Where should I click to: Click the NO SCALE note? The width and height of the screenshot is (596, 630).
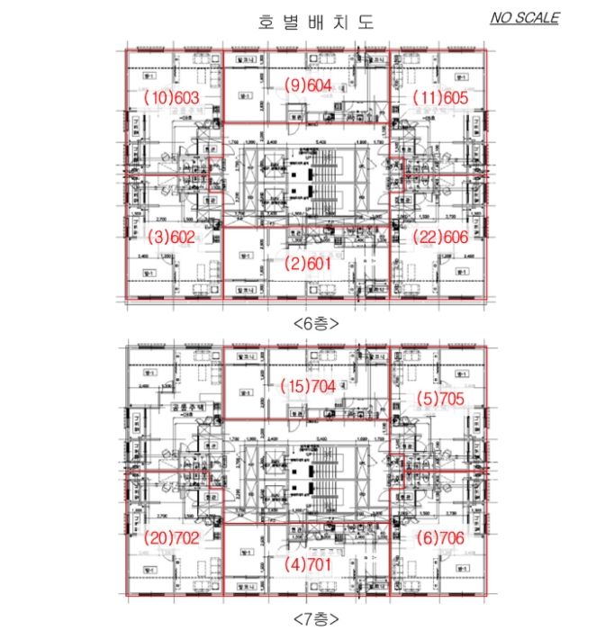(x=525, y=17)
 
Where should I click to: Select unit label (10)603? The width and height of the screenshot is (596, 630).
(x=170, y=96)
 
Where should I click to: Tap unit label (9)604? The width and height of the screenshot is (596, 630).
(x=307, y=85)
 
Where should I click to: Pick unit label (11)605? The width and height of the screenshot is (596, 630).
(x=440, y=96)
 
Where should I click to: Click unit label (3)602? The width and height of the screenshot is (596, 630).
(x=170, y=238)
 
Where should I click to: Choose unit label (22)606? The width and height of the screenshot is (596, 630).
(x=440, y=238)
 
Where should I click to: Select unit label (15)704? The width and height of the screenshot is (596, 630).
(x=307, y=386)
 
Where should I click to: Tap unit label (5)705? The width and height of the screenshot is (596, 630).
(x=440, y=397)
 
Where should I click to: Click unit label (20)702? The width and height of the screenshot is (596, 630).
(x=170, y=537)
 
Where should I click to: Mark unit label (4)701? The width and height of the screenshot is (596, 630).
(x=307, y=565)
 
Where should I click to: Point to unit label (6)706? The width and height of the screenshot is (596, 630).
(x=440, y=537)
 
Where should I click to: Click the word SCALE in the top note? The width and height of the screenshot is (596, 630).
(x=537, y=17)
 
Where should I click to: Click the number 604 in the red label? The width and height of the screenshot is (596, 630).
(x=319, y=85)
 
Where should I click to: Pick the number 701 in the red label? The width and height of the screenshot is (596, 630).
(x=319, y=565)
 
